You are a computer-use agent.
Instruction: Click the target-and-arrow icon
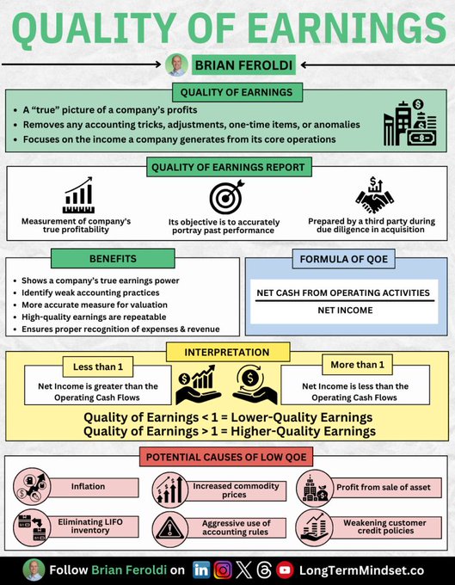click(x=227, y=199)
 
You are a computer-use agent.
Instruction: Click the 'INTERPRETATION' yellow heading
click(x=227, y=353)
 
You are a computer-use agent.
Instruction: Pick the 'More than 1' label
click(x=355, y=365)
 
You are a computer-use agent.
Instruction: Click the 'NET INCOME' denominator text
click(x=344, y=310)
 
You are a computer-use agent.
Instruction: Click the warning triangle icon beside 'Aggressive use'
click(x=165, y=528)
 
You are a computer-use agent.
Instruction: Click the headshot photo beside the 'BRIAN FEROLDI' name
click(x=176, y=65)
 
